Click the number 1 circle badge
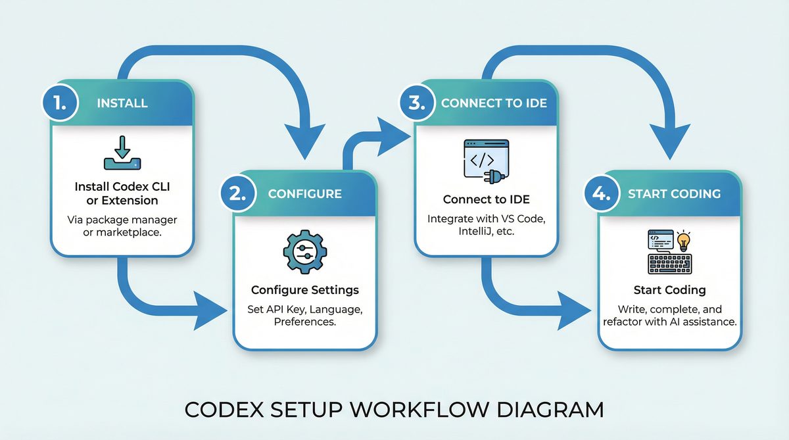click(60, 103)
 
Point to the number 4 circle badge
click(602, 193)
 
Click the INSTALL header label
click(122, 103)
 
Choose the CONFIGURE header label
click(304, 193)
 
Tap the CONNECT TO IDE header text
click(489, 103)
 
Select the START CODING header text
click(674, 193)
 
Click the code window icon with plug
click(487, 160)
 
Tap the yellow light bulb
click(684, 241)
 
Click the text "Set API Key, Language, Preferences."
click(304, 316)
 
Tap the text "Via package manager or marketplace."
click(122, 226)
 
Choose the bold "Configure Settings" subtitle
click(304, 290)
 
